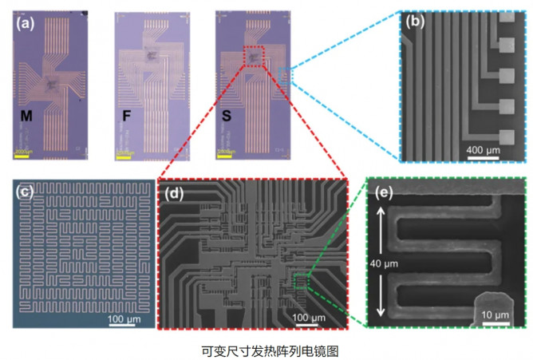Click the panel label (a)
22,22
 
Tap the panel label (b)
416,22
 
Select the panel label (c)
24,192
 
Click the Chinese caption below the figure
266,349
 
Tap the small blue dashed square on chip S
287,77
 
